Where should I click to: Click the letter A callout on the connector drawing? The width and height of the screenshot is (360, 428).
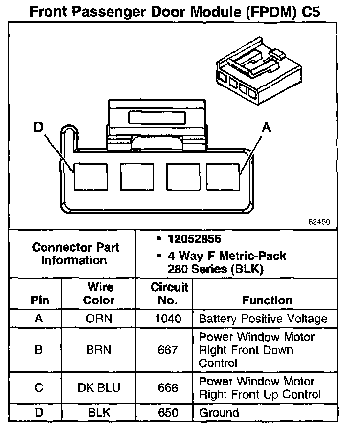tap(266, 128)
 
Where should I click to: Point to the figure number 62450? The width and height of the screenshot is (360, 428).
tap(319, 221)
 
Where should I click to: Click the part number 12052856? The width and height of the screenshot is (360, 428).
tap(195, 239)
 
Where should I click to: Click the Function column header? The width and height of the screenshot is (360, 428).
tap(267, 300)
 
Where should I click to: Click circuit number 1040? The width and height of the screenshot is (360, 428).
tap(168, 319)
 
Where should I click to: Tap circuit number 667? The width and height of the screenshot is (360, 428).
tap(168, 350)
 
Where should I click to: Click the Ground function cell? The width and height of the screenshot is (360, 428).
tap(219, 413)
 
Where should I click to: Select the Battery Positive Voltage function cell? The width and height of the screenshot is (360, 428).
tap(263, 319)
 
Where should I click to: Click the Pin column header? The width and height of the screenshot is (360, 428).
tap(40, 300)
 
